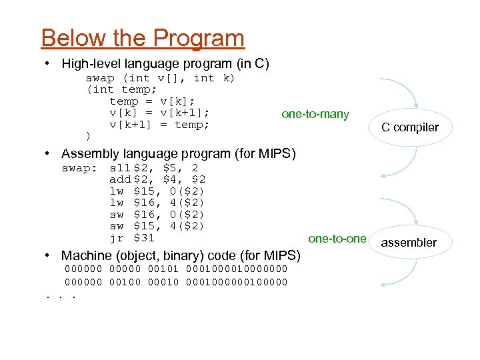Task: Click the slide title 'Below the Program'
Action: click(143, 38)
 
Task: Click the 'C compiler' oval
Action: click(410, 127)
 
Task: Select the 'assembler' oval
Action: click(409, 243)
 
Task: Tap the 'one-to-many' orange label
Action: click(315, 114)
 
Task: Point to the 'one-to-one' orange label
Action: click(337, 239)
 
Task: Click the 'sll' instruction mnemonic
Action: click(120, 168)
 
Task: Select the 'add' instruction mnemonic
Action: click(120, 179)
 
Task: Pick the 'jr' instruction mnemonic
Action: click(117, 238)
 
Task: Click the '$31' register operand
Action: click(144, 238)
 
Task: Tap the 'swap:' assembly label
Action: click(79, 168)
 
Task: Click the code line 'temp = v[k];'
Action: click(152, 101)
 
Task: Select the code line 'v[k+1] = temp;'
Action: click(159, 125)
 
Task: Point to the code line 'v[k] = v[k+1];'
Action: click(159, 113)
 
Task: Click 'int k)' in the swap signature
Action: click(214, 78)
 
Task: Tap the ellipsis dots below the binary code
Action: click(57, 294)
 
